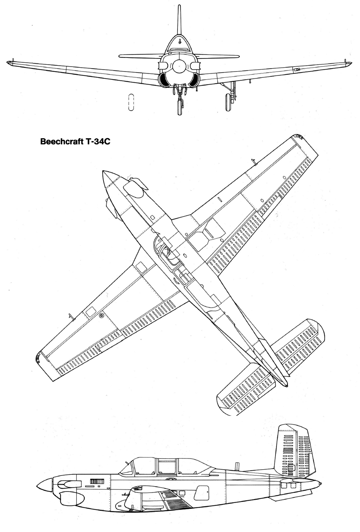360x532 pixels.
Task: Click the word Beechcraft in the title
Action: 59,141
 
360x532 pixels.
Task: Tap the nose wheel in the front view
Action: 180,107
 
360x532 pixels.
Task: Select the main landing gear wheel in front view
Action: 228,102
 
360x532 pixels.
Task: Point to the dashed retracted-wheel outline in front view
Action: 131,102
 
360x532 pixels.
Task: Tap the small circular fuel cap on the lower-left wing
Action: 101,315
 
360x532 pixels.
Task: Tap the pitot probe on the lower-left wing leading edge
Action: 71,317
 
